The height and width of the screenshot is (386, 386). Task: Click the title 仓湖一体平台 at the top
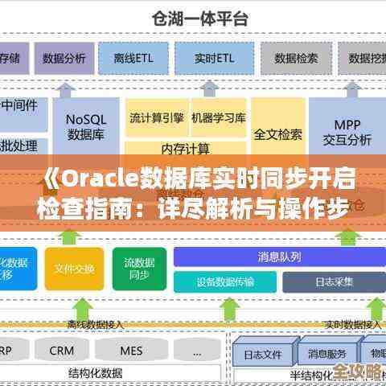(193, 15)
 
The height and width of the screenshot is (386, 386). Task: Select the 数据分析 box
(64, 58)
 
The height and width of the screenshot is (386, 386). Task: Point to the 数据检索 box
(296, 58)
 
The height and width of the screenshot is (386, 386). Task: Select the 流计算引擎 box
(156, 118)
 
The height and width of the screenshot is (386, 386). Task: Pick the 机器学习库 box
(218, 118)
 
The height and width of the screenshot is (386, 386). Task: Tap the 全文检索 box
(277, 133)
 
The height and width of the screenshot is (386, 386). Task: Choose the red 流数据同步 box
(139, 268)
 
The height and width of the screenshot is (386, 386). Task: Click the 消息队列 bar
(279, 257)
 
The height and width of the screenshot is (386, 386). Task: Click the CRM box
(62, 351)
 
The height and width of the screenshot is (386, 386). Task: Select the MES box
(131, 351)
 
